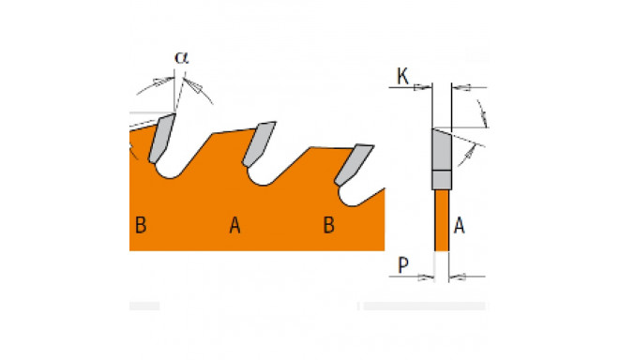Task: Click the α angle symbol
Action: tap(182, 57)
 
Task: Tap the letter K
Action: tap(402, 76)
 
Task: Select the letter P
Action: tap(402, 265)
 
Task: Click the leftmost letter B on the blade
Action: tap(141, 225)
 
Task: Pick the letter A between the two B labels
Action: tap(234, 225)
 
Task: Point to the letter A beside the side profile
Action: tap(460, 226)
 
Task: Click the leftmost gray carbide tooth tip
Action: tap(161, 138)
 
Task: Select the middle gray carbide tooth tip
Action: tap(259, 143)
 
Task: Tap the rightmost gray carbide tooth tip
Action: tap(354, 164)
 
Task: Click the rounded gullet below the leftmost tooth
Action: tap(171, 172)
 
